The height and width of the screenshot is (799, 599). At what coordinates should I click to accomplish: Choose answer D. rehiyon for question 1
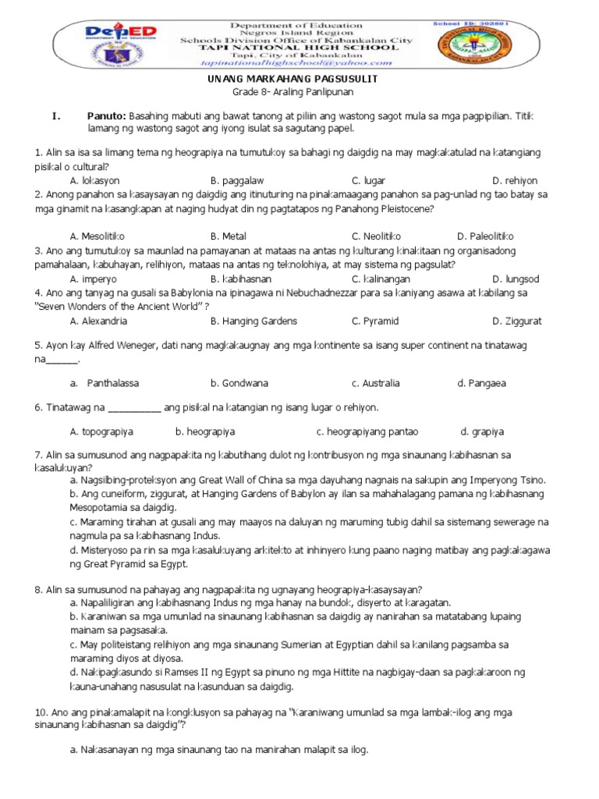point(516,180)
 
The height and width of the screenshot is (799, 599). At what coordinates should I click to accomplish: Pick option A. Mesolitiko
point(97,236)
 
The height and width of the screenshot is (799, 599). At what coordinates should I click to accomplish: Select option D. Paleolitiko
point(485,236)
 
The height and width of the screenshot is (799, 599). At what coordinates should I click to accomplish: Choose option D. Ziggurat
point(516,321)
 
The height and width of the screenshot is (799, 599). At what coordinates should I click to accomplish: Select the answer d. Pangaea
point(481,383)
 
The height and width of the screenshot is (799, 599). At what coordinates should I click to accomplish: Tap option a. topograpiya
point(101,431)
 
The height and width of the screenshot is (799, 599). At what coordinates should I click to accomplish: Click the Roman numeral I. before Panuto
point(55,115)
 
